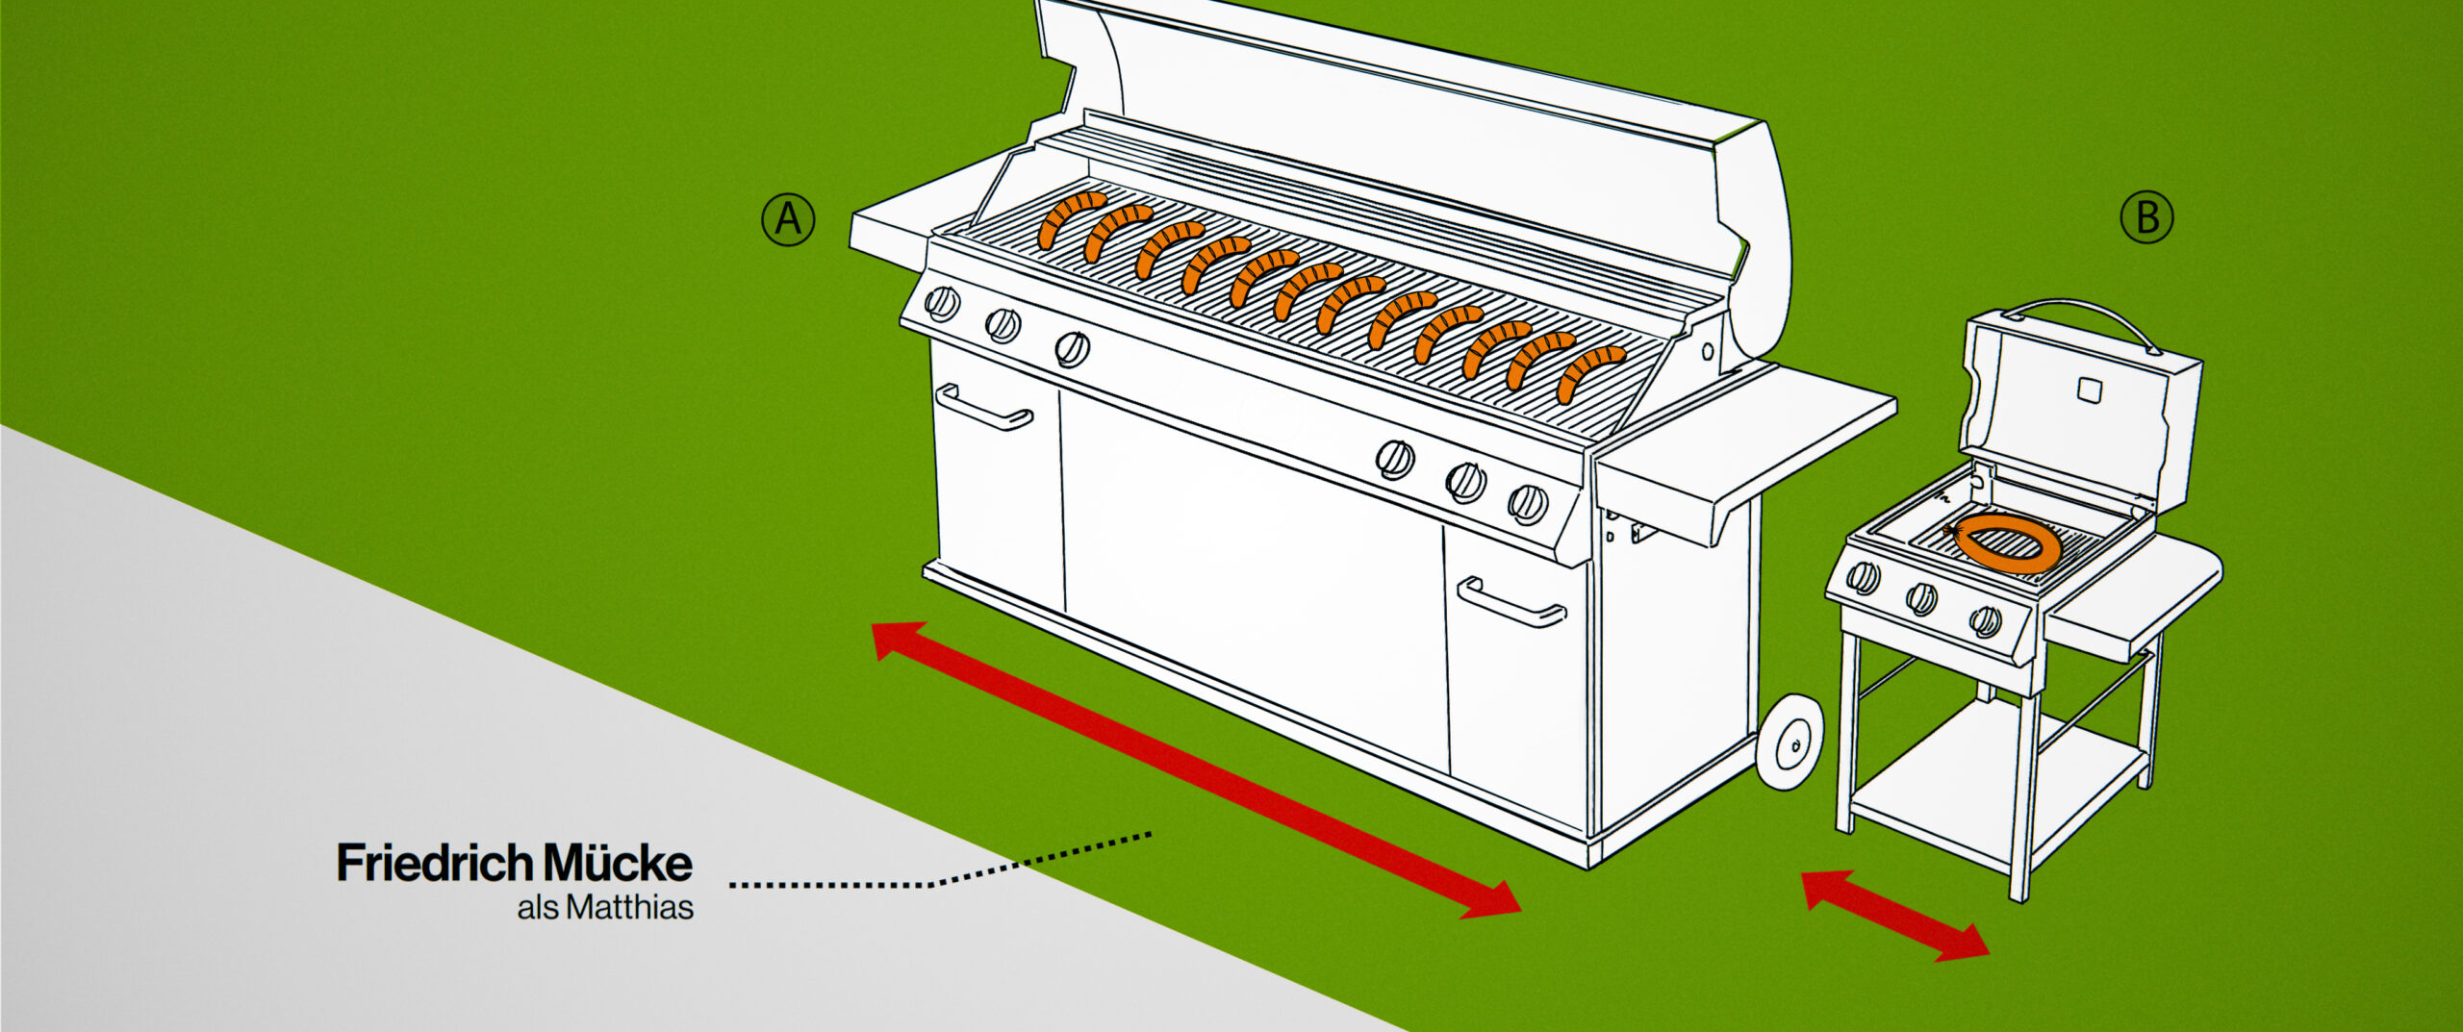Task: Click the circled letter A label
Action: click(x=788, y=220)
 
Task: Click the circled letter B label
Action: click(x=2146, y=217)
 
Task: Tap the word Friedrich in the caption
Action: click(x=435, y=863)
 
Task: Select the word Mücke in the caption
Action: click(x=618, y=863)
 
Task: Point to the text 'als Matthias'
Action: click(x=605, y=908)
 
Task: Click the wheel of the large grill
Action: click(x=1790, y=743)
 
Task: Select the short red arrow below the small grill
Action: click(x=1894, y=915)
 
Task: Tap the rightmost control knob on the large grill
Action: click(x=1527, y=503)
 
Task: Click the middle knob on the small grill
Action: click(x=1922, y=598)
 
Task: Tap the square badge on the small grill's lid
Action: click(x=2090, y=390)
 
